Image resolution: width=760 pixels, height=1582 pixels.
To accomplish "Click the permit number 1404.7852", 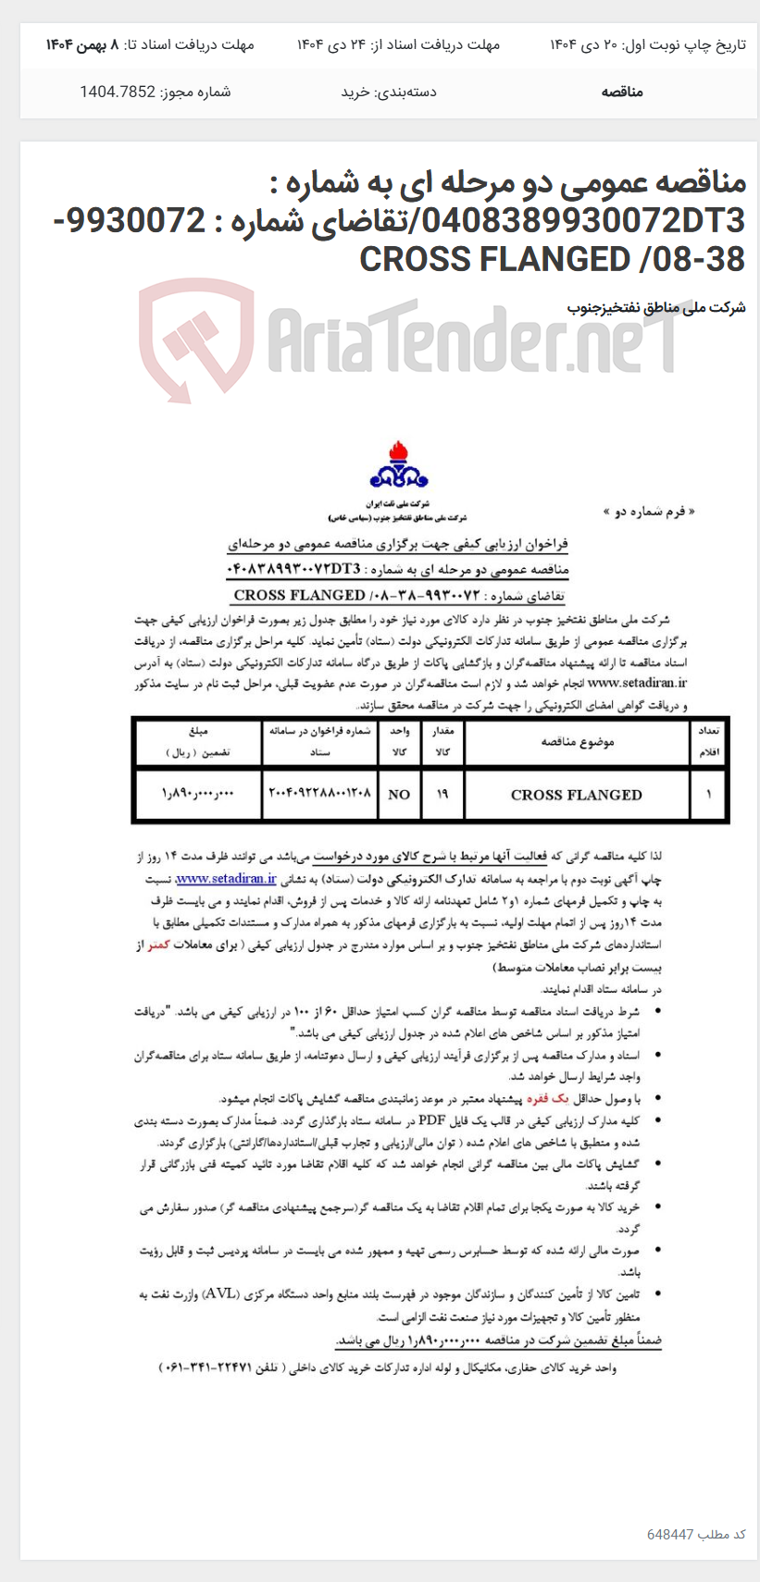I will (118, 92).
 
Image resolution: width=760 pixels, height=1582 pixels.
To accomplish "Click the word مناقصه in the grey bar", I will (621, 92).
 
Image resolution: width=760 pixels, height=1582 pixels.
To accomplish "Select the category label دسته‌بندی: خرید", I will (389, 92).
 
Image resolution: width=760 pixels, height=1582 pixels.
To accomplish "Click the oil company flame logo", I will (399, 466).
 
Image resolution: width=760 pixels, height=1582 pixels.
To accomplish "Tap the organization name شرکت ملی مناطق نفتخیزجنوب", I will (655, 307).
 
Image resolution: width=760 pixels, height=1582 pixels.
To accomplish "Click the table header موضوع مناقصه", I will (577, 742).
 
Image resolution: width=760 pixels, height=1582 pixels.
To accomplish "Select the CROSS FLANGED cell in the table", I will (576, 795).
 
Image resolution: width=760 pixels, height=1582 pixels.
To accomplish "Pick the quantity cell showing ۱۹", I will (442, 794).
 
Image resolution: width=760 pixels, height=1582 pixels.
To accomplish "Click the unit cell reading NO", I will (399, 795).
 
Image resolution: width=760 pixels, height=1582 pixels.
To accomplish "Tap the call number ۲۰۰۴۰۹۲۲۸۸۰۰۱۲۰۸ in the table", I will (319, 794).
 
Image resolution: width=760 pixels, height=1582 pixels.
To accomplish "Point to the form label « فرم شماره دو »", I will (648, 511).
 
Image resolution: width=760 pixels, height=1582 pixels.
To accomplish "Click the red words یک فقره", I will (543, 1099).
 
